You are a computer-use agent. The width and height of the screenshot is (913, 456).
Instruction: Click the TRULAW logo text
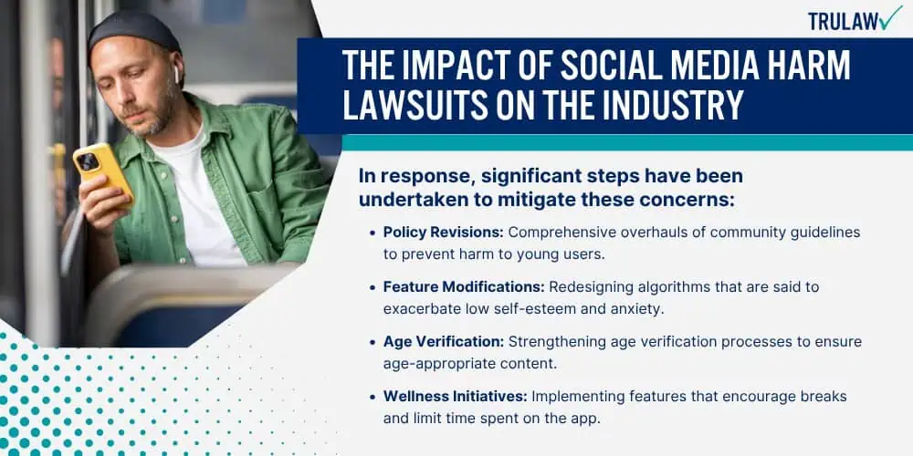pos(843,21)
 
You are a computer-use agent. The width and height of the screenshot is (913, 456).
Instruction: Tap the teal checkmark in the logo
pos(890,18)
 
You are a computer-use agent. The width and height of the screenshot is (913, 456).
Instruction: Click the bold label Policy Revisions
pos(443,232)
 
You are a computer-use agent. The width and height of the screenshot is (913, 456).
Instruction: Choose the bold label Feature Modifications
pos(464,287)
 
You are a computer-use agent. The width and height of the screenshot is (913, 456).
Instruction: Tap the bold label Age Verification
pos(444,342)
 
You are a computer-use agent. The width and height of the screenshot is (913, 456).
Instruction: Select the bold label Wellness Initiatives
pos(456,397)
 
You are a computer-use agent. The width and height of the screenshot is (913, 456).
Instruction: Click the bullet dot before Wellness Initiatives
pos(373,398)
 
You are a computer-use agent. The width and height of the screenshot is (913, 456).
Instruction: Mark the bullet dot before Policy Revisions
pos(373,233)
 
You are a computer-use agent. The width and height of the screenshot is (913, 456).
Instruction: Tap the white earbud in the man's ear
pos(176,74)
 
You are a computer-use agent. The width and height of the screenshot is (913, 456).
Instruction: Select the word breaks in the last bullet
pos(827,397)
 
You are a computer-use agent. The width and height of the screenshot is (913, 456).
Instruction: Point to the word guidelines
pos(827,233)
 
